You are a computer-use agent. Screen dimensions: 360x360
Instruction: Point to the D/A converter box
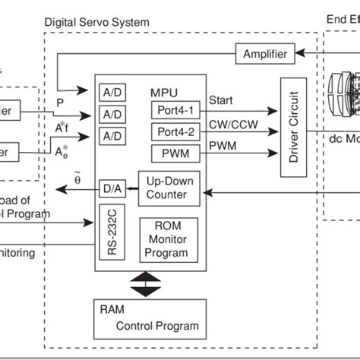point(111,186)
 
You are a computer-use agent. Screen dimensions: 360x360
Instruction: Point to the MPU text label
point(164,92)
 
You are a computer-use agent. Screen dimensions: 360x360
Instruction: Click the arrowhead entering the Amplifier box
point(300,54)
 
